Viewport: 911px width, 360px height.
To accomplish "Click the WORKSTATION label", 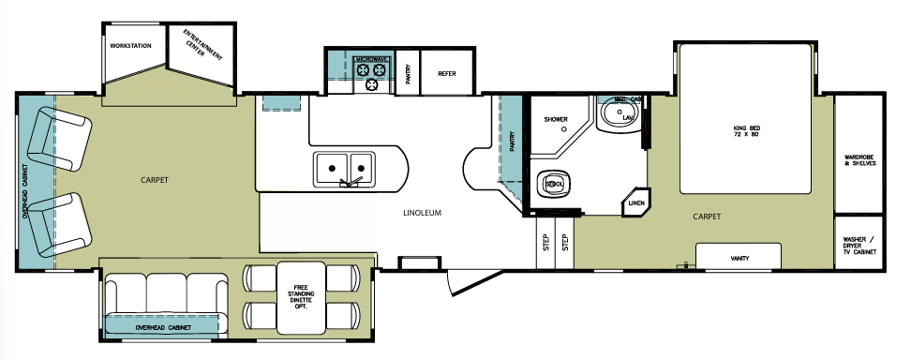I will [x=130, y=45].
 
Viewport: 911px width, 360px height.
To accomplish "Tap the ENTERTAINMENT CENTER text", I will [x=196, y=41].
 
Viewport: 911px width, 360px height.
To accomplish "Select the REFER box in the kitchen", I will [x=446, y=73].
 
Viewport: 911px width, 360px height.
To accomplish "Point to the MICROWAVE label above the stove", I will [x=372, y=60].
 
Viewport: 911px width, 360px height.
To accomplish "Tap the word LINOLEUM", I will [x=423, y=213].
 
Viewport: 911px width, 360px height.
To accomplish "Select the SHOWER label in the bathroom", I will [x=555, y=119].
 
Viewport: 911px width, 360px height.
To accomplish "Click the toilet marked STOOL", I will [x=552, y=185].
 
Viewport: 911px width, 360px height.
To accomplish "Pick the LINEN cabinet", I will [x=637, y=202].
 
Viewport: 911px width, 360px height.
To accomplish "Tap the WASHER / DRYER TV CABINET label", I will [x=859, y=245].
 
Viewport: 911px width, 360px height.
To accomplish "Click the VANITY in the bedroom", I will [x=739, y=257].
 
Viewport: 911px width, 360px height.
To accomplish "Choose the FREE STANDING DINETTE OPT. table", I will [x=301, y=296].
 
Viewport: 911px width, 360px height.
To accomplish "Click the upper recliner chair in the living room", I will [x=56, y=142].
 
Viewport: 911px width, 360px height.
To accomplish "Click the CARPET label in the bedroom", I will [x=707, y=216].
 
